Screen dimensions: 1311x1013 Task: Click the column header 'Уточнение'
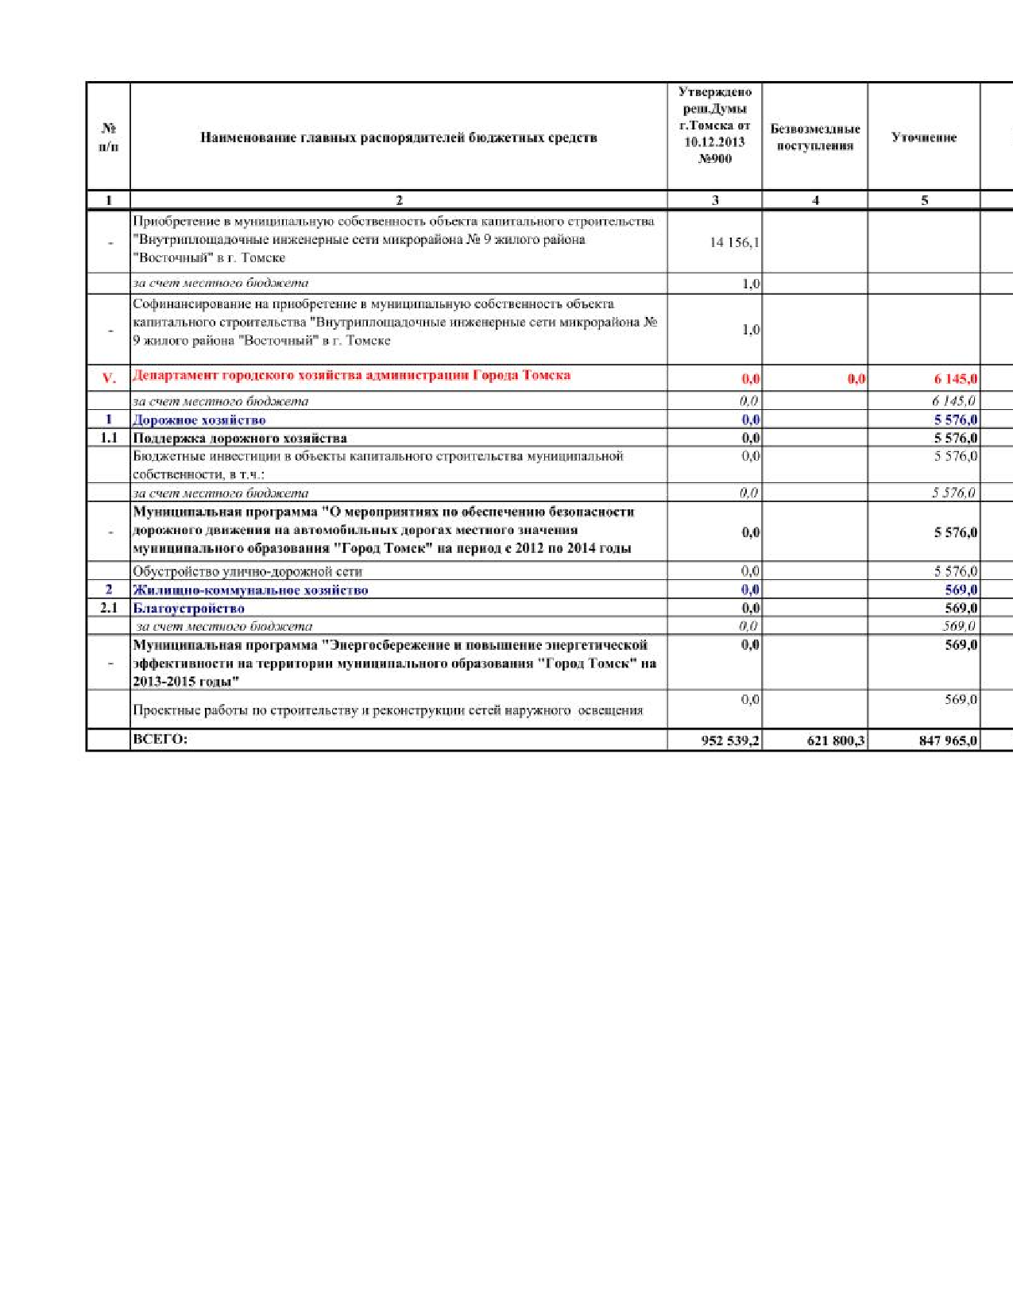(923, 137)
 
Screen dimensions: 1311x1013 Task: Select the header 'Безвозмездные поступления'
(815, 137)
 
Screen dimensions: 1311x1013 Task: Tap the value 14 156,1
(734, 242)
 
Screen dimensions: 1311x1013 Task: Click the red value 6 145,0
(955, 379)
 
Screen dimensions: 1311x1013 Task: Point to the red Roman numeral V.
(109, 379)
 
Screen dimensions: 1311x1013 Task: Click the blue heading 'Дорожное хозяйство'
(199, 420)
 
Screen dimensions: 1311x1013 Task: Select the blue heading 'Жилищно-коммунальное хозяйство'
(250, 590)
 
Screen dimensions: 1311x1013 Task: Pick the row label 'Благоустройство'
(189, 608)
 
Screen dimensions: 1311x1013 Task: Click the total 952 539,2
(729, 741)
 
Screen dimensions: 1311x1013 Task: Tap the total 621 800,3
(836, 741)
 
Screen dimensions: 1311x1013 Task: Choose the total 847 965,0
(948, 741)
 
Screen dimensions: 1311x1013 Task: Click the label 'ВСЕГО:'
(160, 739)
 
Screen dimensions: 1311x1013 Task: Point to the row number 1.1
(109, 438)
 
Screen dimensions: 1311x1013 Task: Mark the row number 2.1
(109, 608)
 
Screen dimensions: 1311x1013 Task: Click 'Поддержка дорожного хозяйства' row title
(239, 438)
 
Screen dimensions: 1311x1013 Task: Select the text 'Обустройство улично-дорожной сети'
(247, 571)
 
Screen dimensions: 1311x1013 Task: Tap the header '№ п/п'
(109, 137)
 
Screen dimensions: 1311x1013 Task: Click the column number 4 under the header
(815, 200)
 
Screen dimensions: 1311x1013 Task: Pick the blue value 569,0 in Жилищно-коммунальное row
(961, 590)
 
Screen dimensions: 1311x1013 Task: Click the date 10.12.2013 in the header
(714, 141)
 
